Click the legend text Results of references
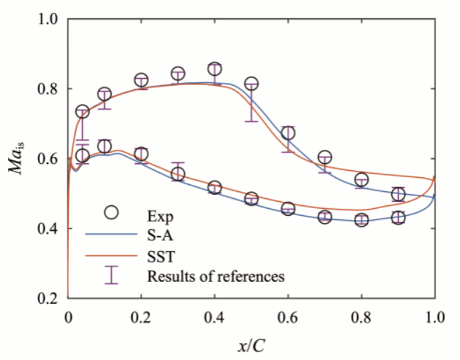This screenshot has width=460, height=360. tap(215, 276)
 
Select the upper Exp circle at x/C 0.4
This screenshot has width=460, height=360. tap(215, 69)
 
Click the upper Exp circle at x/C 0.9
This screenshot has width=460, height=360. tap(398, 194)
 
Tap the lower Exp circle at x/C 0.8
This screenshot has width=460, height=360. tap(362, 220)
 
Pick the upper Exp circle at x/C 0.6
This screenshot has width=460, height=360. tap(288, 133)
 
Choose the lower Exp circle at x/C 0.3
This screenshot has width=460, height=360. tap(178, 174)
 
